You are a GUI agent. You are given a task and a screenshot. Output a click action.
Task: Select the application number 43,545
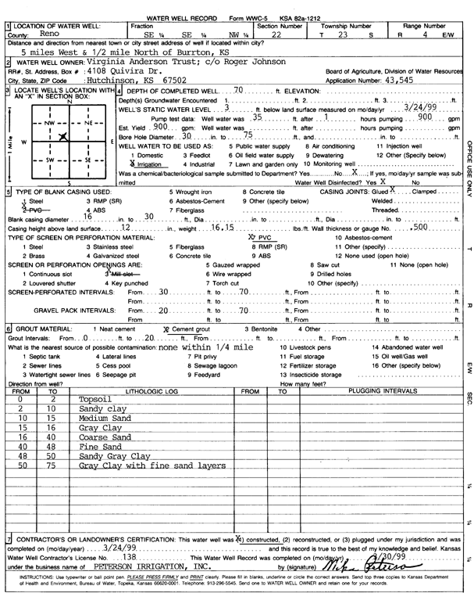point(405,80)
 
